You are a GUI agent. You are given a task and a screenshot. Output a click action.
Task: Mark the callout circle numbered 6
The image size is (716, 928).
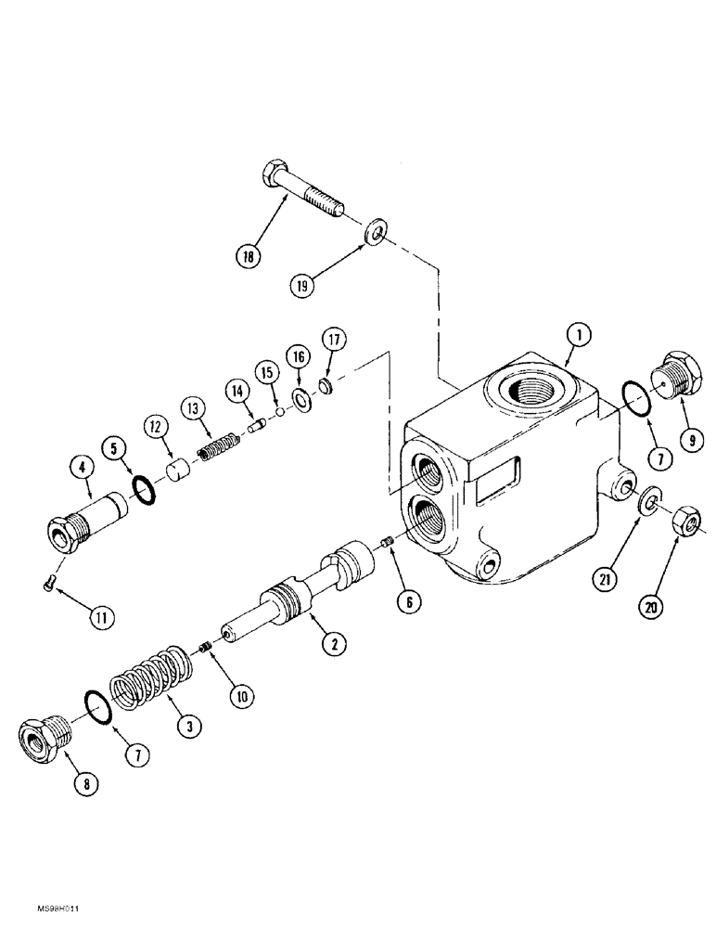[405, 600]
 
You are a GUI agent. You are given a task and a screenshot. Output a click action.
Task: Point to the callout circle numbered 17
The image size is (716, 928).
[334, 341]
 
